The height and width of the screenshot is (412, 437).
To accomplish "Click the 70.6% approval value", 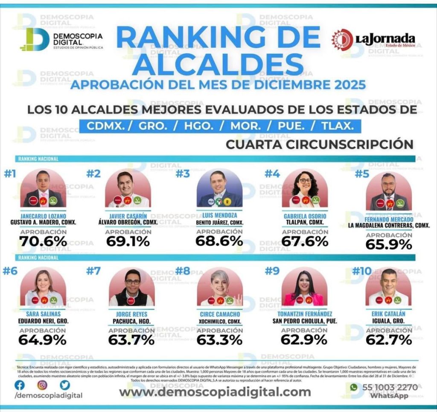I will [43, 242].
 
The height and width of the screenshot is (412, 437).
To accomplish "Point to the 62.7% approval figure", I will [388, 340].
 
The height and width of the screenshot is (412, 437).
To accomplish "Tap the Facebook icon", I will [20, 385].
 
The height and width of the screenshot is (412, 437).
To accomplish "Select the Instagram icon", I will [42, 385].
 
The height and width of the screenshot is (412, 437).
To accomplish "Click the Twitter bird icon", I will [64, 385].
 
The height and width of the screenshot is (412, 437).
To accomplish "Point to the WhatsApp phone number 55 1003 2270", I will [384, 387].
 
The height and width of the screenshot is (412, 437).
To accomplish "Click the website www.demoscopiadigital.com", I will [215, 392].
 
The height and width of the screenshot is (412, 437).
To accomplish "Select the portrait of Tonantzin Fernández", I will [304, 288].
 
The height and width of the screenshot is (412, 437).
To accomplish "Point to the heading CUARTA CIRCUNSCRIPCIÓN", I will [320, 144].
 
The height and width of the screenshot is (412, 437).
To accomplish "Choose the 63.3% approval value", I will [219, 340].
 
